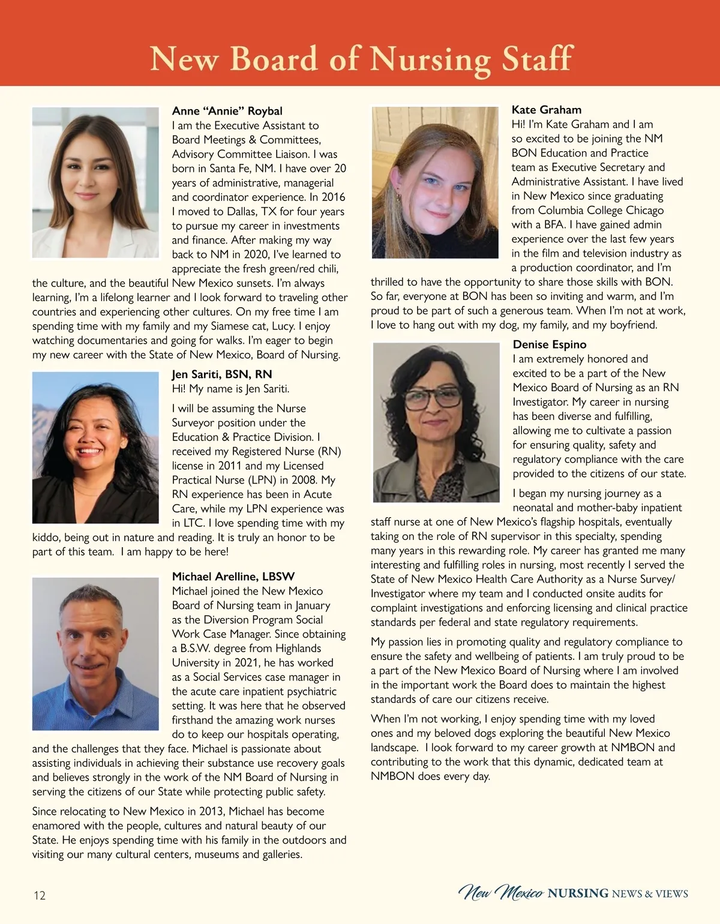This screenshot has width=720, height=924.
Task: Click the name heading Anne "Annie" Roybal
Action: pos(227,111)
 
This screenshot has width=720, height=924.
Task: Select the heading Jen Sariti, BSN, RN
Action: pos(221,374)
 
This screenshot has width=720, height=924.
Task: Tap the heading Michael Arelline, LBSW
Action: pos(233,577)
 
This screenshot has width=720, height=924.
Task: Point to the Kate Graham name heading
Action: pos(546,110)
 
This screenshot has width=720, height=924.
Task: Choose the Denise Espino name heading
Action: pos(549,344)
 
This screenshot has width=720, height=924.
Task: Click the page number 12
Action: pos(39,896)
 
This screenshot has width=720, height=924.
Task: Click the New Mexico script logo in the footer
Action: pos(502,893)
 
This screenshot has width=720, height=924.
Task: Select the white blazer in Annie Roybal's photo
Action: pos(54,237)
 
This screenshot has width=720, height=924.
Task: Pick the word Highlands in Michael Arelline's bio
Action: pos(298,649)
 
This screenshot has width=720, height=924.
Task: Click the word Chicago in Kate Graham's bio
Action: pos(641,211)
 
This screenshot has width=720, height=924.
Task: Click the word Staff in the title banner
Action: pos(537,59)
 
